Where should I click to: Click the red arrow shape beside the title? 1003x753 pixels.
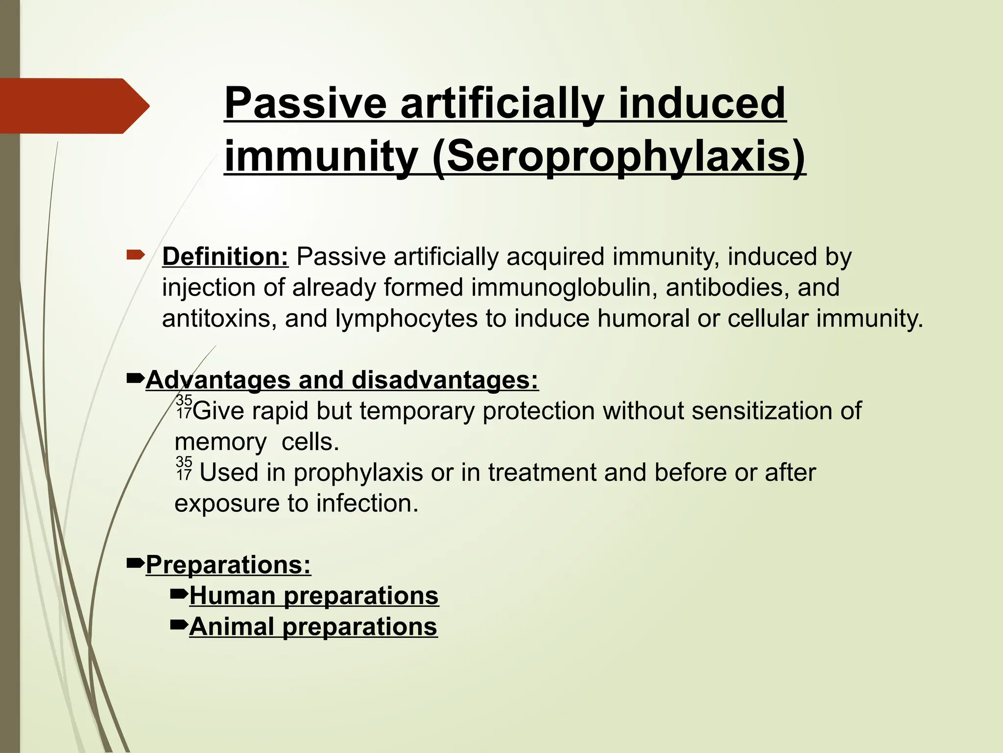[x=73, y=106]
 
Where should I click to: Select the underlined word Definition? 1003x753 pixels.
[x=225, y=257]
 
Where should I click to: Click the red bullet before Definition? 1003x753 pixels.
[x=135, y=255]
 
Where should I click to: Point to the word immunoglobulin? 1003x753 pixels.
[x=564, y=288]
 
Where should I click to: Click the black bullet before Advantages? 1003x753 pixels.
[x=135, y=378]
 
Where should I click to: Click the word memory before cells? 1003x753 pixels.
[x=220, y=443]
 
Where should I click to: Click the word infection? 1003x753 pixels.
[x=367, y=504]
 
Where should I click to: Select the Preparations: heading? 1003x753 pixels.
[x=228, y=565]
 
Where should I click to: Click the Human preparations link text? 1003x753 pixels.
[x=314, y=596]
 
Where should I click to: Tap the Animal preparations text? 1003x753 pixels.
[x=313, y=627]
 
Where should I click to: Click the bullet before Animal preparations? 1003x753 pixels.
[x=179, y=625]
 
